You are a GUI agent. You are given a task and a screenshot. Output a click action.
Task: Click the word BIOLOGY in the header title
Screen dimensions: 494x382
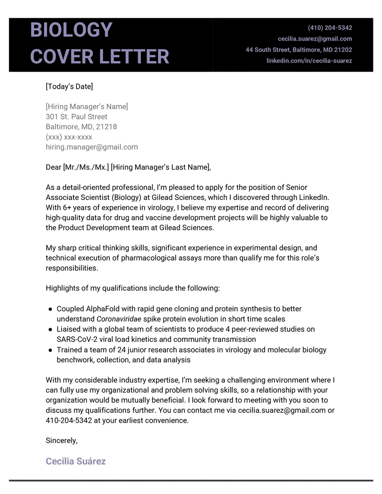(x=71, y=30)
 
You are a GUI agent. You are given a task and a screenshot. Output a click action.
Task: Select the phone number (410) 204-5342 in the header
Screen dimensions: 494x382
(x=330, y=28)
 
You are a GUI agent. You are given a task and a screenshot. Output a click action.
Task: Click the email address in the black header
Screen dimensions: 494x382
(x=315, y=39)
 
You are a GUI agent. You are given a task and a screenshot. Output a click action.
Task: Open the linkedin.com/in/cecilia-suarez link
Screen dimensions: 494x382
(x=309, y=61)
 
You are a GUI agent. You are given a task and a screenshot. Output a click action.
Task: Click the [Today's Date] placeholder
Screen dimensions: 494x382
(x=69, y=86)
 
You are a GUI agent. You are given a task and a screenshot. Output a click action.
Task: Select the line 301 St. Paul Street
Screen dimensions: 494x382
(x=76, y=116)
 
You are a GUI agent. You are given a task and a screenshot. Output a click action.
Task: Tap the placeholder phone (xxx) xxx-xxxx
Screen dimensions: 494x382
(x=69, y=137)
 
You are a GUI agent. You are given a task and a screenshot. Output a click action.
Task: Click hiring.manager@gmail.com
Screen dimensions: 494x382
(x=92, y=147)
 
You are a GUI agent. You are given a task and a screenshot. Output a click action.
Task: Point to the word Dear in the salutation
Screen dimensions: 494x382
(x=53, y=167)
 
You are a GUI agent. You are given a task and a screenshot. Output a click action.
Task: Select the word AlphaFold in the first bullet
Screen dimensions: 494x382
(x=102, y=309)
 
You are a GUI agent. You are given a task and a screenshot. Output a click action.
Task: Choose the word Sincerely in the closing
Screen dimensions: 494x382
(x=61, y=441)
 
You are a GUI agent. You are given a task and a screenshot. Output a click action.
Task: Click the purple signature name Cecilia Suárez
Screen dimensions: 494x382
(x=75, y=461)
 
